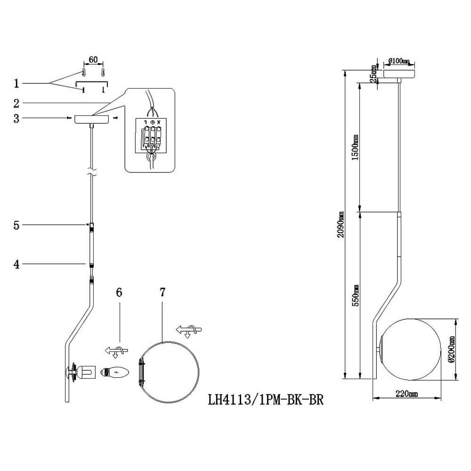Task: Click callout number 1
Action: pos(16,84)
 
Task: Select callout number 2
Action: pos(16,103)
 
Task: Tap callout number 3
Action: pos(16,118)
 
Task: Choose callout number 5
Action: pos(16,226)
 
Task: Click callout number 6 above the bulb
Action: pos(119,292)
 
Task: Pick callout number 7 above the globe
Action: pos(162,292)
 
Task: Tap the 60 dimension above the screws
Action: pos(93,60)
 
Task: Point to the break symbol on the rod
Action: pos(91,174)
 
